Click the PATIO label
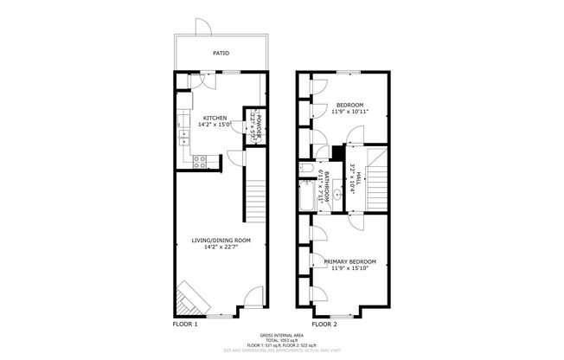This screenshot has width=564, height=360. (x=222, y=52)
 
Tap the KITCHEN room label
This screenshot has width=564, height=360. (x=215, y=118)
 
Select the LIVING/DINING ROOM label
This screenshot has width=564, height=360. (x=221, y=240)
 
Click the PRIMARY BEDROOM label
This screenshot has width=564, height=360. (x=350, y=261)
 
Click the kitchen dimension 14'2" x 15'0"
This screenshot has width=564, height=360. (x=215, y=125)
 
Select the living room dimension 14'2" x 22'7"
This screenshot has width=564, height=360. (x=221, y=247)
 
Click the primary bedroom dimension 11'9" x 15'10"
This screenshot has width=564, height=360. (x=350, y=268)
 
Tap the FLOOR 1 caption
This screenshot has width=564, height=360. (x=186, y=324)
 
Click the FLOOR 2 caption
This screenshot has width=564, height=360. (x=324, y=324)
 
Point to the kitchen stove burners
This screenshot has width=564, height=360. (x=198, y=159)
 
